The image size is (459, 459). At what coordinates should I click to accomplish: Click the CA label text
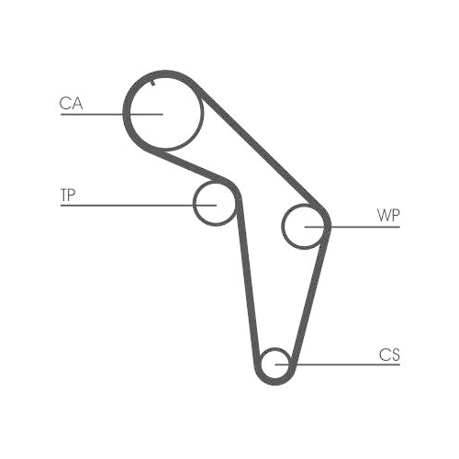(71, 103)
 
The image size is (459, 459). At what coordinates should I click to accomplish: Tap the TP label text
(68, 195)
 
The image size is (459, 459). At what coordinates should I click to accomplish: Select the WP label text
(388, 216)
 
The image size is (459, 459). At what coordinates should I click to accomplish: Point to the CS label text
(389, 354)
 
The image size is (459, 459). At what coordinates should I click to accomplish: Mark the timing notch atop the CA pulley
(153, 83)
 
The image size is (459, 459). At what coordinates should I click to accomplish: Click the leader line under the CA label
(112, 114)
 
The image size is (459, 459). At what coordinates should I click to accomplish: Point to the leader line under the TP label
(139, 206)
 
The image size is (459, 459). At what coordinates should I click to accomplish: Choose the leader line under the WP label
(353, 227)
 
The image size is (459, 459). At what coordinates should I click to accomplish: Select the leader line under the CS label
(338, 364)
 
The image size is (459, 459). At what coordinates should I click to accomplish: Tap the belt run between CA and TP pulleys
(190, 165)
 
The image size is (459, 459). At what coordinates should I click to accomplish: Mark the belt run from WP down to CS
(309, 298)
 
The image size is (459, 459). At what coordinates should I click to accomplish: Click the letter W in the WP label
(384, 216)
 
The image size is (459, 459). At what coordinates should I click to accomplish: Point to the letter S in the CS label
(395, 355)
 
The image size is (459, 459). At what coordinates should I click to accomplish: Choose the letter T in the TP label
(64, 195)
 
